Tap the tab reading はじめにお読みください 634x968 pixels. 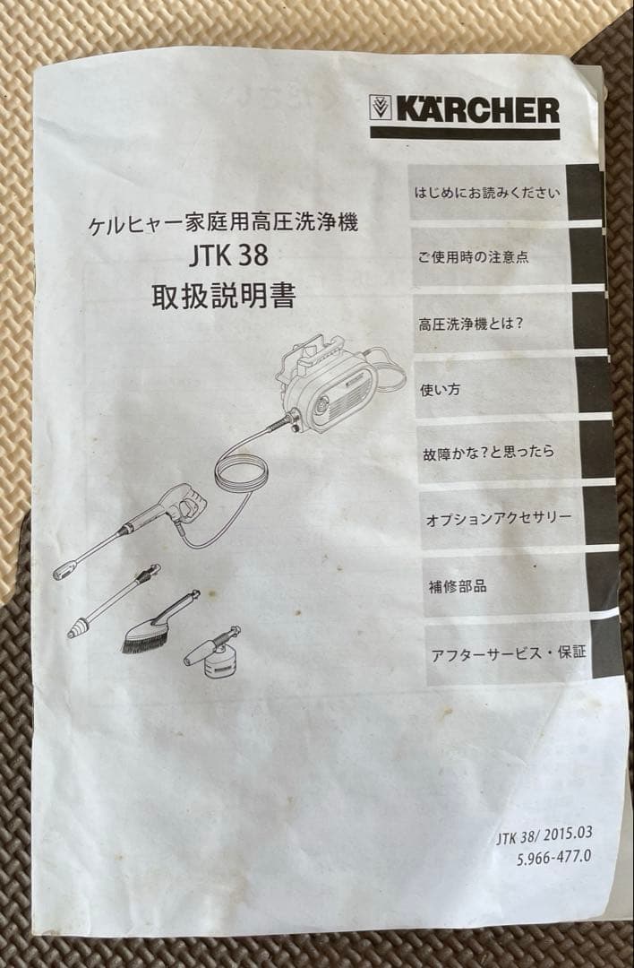click(488, 192)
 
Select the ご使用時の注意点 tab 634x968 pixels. click(475, 257)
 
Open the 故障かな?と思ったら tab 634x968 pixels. click(488, 451)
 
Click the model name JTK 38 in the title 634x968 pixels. click(228, 257)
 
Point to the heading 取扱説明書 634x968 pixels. click(223, 296)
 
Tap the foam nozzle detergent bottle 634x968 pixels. click(221, 662)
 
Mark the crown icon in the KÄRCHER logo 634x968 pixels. click(380, 109)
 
